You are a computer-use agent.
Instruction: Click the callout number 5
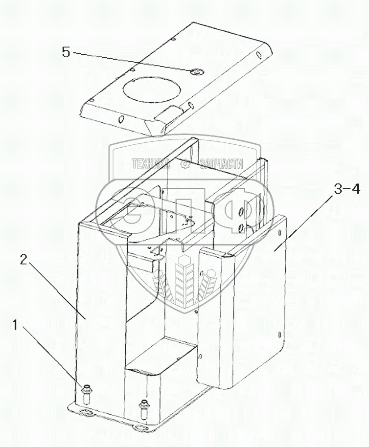pyautogui.click(x=66, y=52)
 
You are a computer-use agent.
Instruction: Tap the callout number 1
pyautogui.click(x=16, y=325)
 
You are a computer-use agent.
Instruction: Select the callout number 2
pyautogui.click(x=23, y=261)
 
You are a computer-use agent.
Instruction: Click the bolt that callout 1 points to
pyautogui.click(x=86, y=391)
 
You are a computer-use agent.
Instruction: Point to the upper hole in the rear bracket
pyautogui.click(x=241, y=210)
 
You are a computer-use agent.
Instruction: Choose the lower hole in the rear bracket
pyautogui.click(x=240, y=226)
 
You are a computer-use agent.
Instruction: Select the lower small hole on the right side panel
pyautogui.click(x=279, y=335)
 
